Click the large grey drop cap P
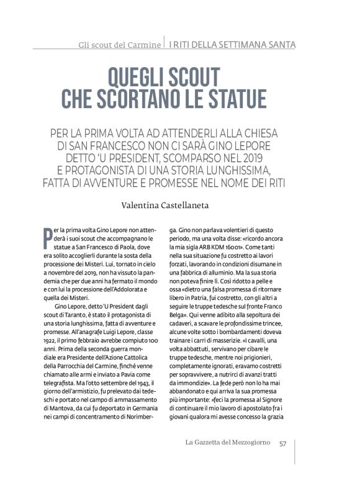click(x=47, y=238)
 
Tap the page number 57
click(x=282, y=443)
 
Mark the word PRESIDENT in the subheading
click(x=163, y=158)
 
